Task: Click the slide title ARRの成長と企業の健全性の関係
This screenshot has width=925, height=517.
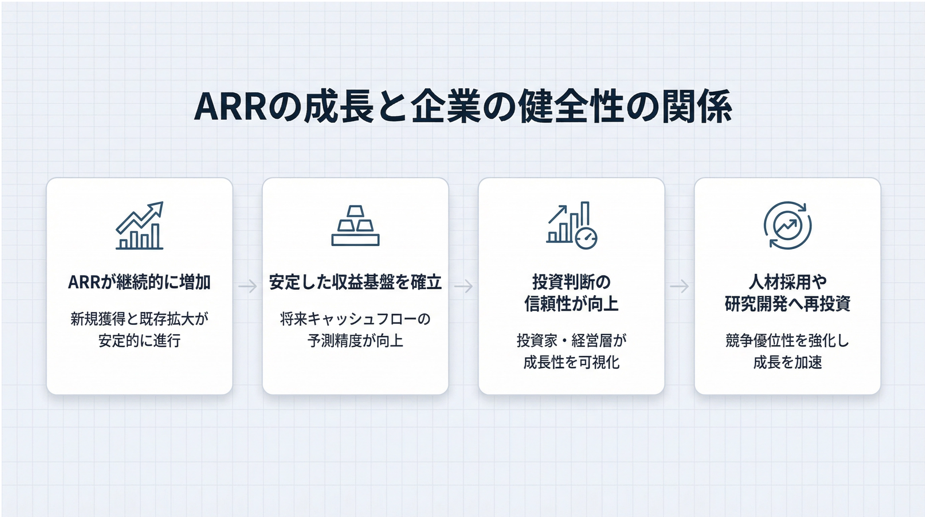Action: point(462,106)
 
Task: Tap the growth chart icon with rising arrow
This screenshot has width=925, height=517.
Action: point(139,225)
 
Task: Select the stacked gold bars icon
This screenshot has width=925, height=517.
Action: point(355,225)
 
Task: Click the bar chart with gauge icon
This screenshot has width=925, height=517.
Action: point(571,225)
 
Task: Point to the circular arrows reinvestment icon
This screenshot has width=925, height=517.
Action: point(787,225)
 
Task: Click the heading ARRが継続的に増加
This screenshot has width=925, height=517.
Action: point(139,282)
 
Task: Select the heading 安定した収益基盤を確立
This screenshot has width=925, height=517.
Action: point(355,282)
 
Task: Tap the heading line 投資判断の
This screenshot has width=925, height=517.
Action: point(571,282)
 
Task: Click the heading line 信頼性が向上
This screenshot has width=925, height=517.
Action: point(571,304)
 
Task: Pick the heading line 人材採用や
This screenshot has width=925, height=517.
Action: point(787,282)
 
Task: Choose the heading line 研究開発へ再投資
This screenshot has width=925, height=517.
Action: point(787,304)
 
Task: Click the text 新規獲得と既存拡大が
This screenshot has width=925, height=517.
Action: point(139,319)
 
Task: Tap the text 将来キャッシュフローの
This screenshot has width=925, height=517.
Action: point(355,319)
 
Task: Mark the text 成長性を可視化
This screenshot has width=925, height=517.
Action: point(571,362)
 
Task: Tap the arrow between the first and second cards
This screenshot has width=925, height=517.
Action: point(248,286)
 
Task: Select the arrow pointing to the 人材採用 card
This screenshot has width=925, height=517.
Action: point(679,286)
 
